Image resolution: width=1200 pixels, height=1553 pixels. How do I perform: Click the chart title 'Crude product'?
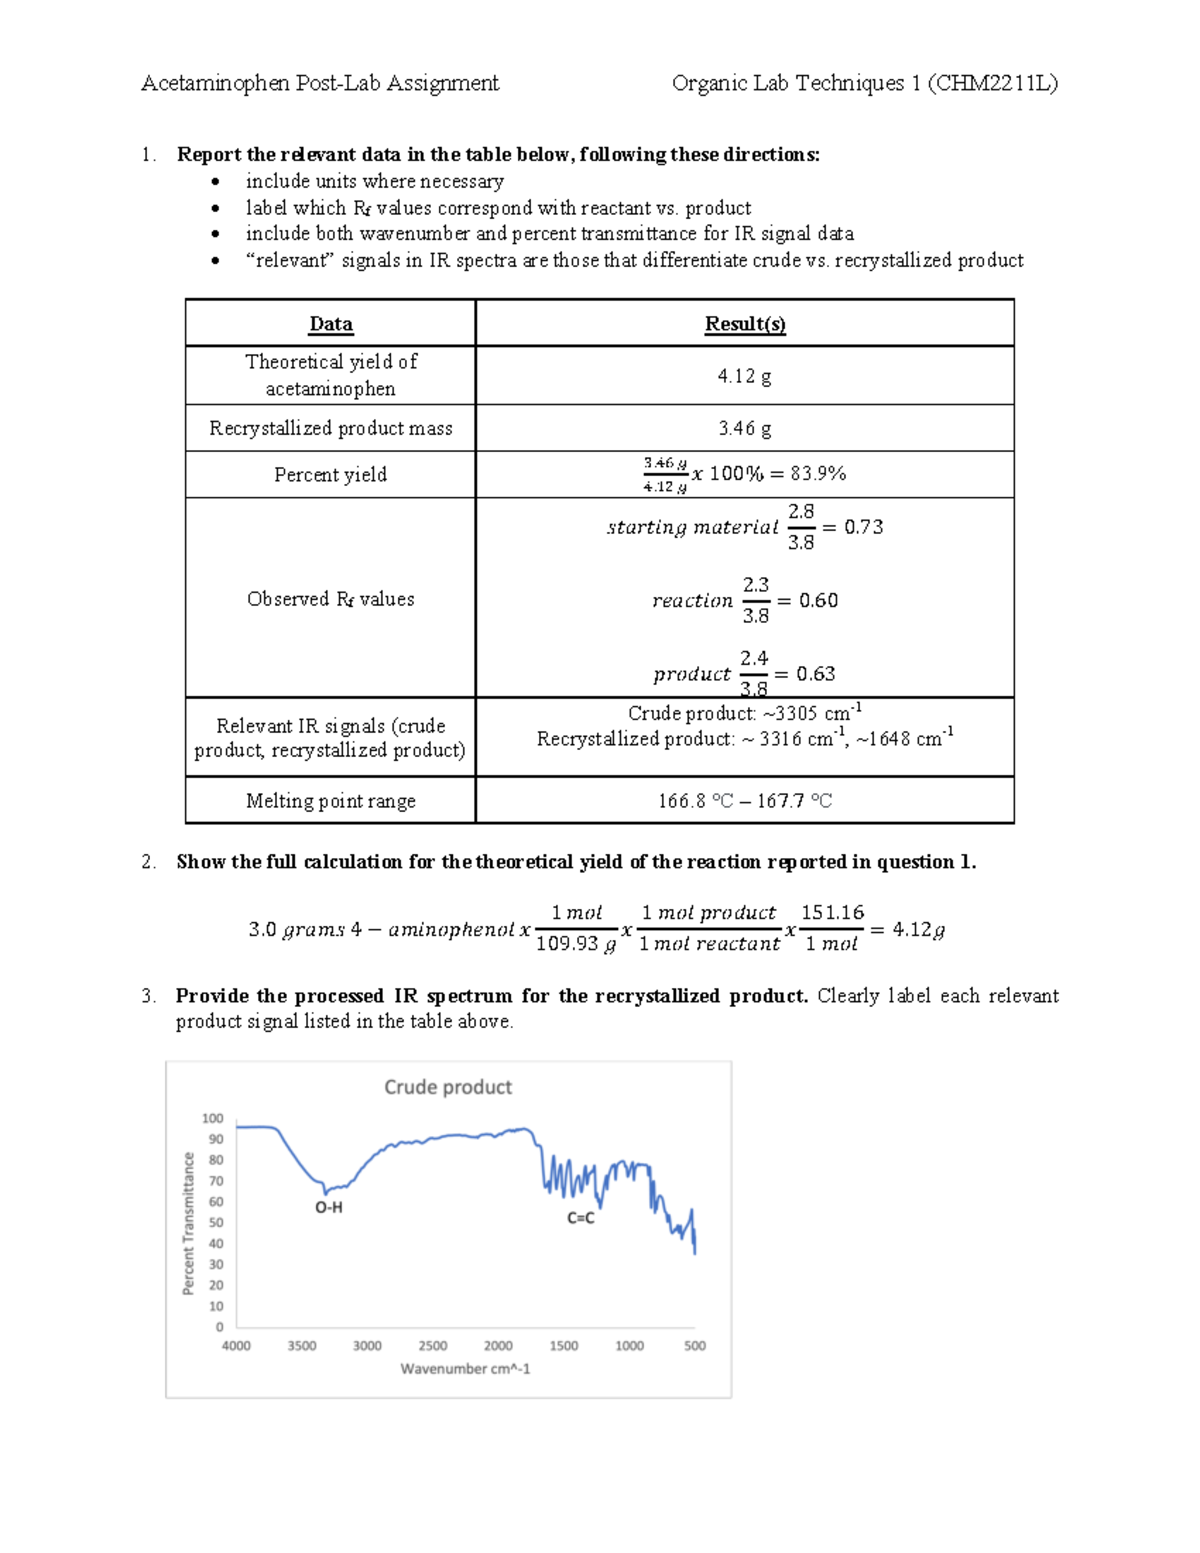click(x=447, y=1087)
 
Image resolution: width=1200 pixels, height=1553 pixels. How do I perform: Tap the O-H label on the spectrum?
click(x=329, y=1207)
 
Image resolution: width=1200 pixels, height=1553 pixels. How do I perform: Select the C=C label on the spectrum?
click(x=581, y=1218)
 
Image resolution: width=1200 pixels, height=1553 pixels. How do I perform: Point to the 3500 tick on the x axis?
click(x=302, y=1346)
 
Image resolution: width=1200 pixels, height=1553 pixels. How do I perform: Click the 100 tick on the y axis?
click(x=213, y=1118)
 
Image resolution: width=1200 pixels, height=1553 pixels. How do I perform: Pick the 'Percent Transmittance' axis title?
click(x=188, y=1224)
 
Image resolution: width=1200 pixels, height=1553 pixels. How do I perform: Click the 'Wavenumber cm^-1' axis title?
click(x=465, y=1369)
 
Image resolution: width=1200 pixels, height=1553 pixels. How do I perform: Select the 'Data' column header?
click(x=330, y=324)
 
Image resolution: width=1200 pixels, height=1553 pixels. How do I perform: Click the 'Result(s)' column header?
click(x=745, y=324)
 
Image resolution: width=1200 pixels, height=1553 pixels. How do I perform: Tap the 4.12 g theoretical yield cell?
click(x=744, y=376)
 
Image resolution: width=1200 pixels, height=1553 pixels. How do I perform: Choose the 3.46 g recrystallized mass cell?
click(x=744, y=428)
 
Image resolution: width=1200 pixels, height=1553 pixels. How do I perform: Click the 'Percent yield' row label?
click(x=330, y=475)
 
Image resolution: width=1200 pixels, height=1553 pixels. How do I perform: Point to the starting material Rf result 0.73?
click(x=863, y=527)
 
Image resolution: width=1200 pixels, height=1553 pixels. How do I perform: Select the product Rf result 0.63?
click(x=816, y=674)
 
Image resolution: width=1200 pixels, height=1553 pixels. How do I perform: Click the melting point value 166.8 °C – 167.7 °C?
click(x=744, y=801)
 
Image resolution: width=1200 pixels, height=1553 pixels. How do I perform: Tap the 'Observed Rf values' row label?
click(x=330, y=599)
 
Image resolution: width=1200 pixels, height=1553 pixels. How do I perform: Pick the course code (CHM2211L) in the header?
click(x=993, y=83)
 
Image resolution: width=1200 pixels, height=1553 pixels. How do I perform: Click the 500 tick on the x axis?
click(x=695, y=1346)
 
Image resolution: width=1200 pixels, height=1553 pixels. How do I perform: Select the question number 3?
click(x=148, y=996)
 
